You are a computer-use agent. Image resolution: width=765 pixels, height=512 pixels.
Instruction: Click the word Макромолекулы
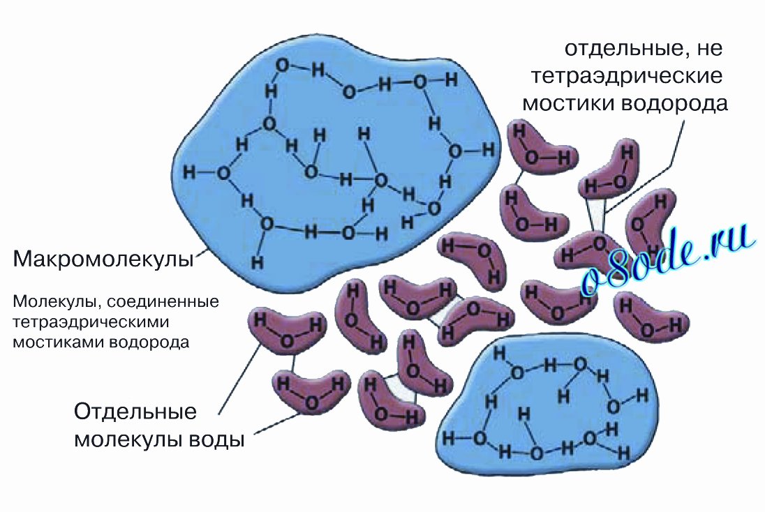[x=103, y=259]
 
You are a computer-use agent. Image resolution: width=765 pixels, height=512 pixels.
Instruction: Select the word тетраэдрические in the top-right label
[x=626, y=77]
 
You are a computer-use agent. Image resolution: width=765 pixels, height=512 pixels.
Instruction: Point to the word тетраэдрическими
[x=91, y=322]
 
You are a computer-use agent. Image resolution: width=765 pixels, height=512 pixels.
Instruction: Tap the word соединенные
[x=163, y=302]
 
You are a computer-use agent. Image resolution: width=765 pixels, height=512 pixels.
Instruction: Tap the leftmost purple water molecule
[x=287, y=331]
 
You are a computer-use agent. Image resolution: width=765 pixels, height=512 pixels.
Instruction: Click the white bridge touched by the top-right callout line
[x=596, y=215]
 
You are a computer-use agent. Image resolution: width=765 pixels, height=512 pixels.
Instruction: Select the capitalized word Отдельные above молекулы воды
[x=135, y=412]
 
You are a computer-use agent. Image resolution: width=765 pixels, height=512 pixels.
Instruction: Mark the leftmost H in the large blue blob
[x=189, y=172]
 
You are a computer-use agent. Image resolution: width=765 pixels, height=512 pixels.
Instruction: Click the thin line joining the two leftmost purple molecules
[x=292, y=362]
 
